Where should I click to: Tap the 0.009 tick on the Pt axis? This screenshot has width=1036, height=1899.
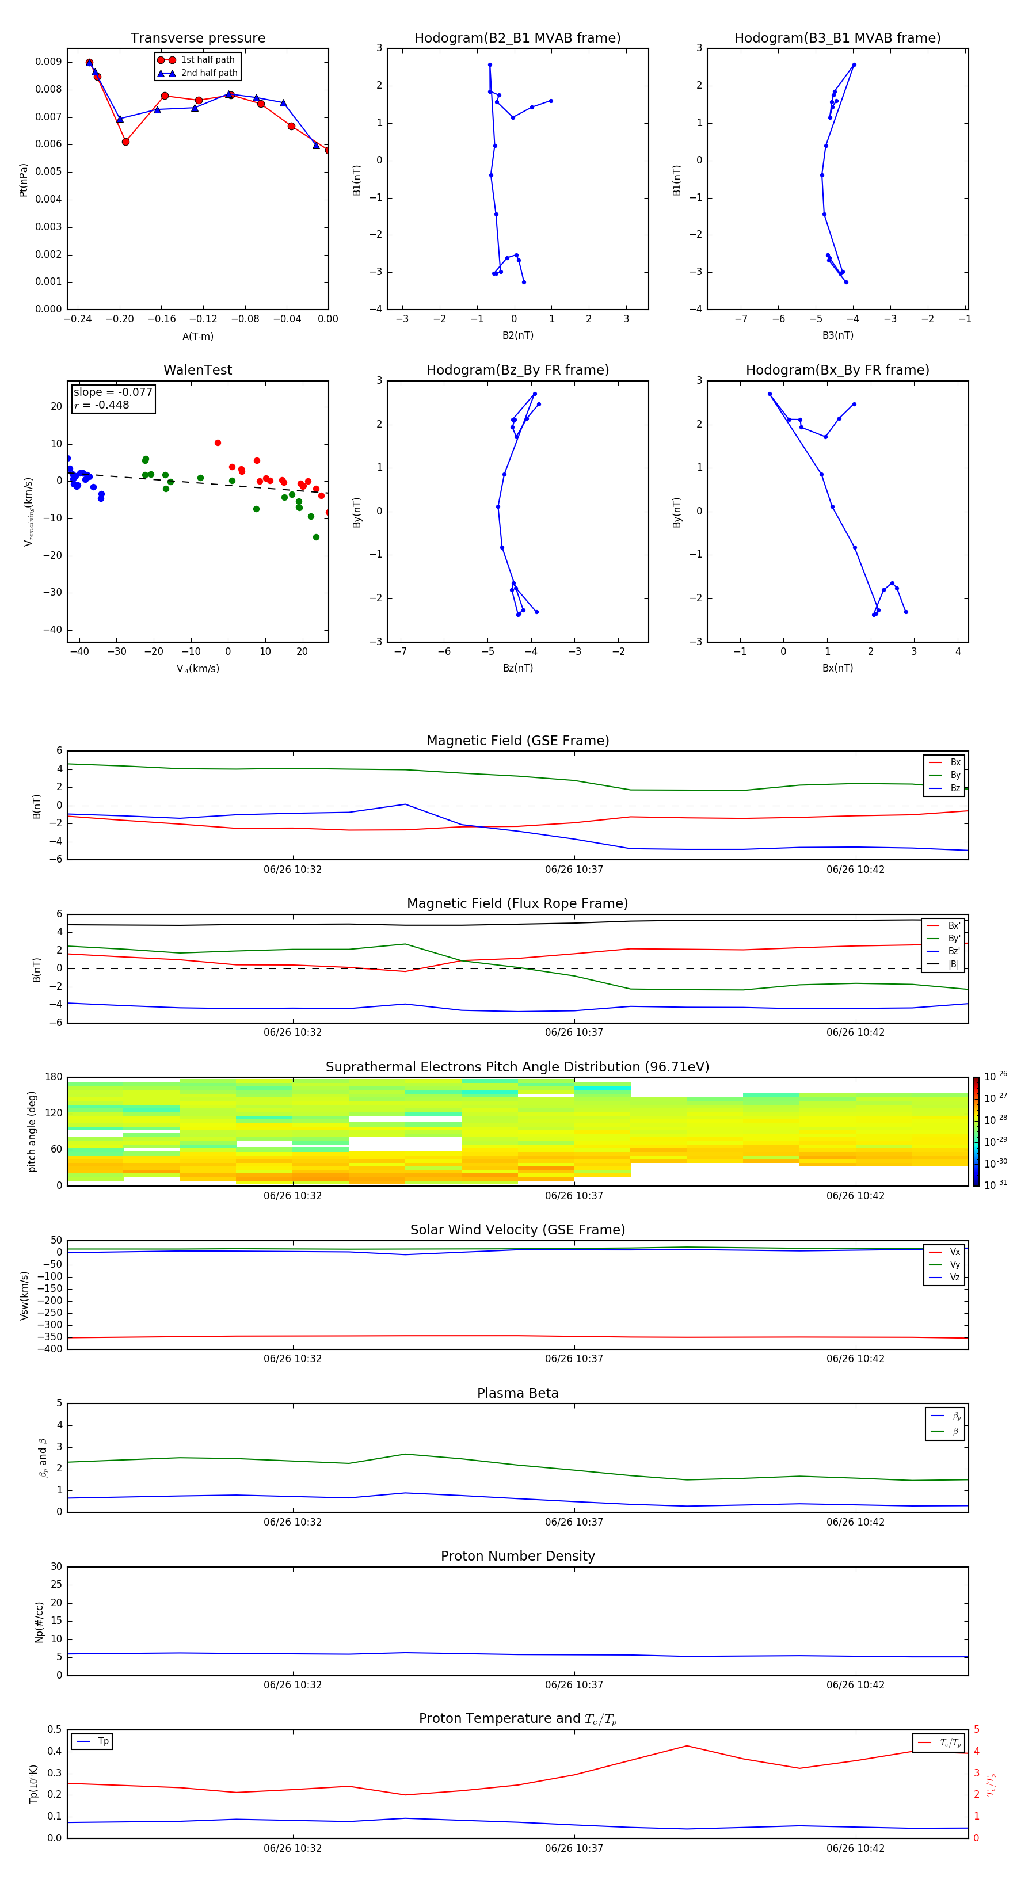pos(49,62)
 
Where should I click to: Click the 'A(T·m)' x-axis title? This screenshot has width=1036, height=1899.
pos(197,337)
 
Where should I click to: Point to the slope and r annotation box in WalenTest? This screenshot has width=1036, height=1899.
pos(113,399)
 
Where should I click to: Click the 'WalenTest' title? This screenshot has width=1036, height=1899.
pos(197,370)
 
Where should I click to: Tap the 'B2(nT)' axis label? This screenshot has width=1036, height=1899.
pos(517,335)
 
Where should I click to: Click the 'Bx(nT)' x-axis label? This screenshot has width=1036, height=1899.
pos(837,668)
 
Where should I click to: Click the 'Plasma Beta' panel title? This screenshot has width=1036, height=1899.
pos(517,1393)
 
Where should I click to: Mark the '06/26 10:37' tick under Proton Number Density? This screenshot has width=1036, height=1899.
pos(574,1684)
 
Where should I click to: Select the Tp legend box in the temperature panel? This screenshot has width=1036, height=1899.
pos(92,1741)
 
